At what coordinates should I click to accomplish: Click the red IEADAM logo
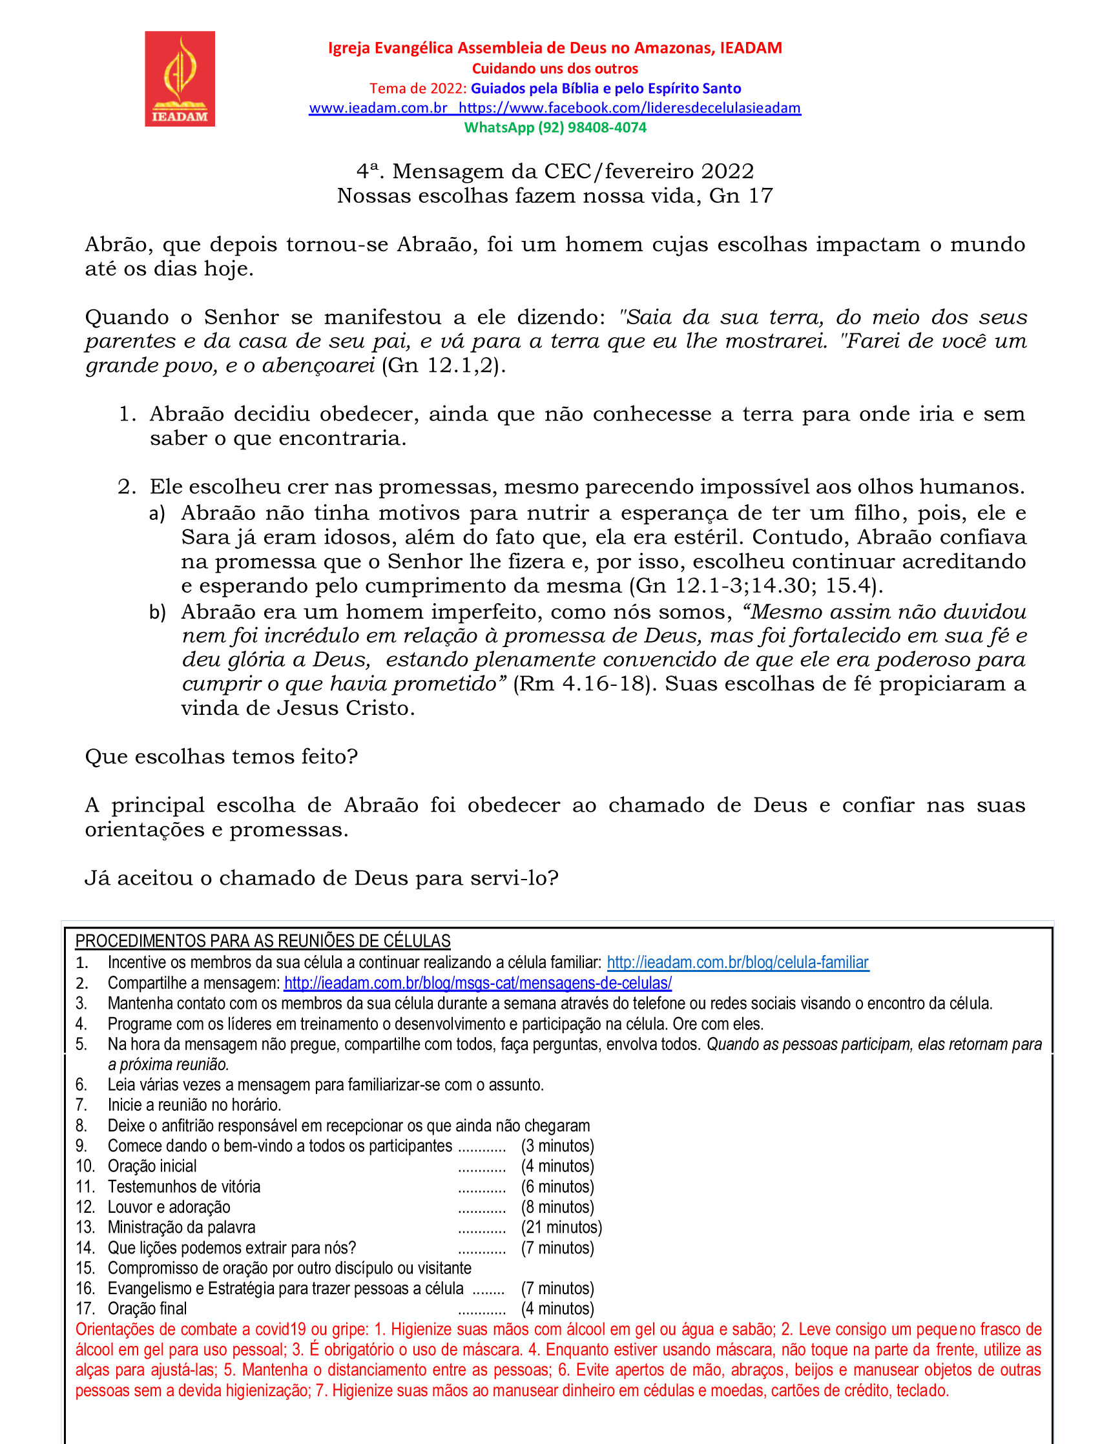[180, 79]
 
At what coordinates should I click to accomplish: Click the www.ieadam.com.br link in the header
[379, 108]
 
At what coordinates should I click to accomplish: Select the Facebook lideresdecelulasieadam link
[630, 108]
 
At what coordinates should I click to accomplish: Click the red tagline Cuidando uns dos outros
[555, 68]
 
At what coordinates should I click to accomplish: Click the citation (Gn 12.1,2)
[444, 366]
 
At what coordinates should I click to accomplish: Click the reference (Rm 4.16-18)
[585, 684]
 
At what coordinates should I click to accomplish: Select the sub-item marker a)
[157, 514]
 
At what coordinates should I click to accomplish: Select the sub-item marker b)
[157, 612]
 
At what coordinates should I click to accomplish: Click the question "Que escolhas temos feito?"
[222, 756]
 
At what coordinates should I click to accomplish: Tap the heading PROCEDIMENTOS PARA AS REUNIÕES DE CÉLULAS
[262, 941]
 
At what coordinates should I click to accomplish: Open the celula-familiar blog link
[738, 962]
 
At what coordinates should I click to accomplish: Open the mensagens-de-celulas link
[477, 983]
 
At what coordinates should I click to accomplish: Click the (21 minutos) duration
[561, 1227]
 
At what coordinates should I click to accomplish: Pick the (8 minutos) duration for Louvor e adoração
[557, 1206]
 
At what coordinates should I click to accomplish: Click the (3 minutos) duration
[557, 1146]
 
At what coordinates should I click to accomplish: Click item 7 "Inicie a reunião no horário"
[194, 1105]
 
